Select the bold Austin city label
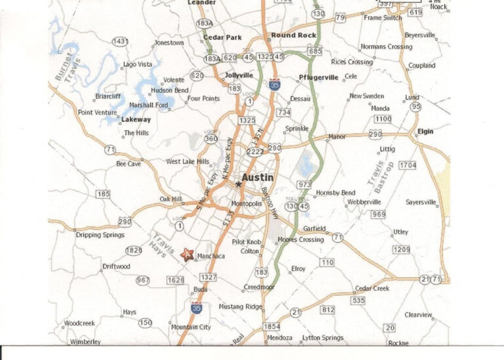click(258, 178)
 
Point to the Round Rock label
click(294, 35)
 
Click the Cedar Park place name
click(222, 37)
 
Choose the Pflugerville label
click(319, 77)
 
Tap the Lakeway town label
click(136, 119)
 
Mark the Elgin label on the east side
click(425, 132)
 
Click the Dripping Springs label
click(100, 235)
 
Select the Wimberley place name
click(85, 342)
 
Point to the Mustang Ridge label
click(240, 306)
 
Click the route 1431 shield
click(120, 41)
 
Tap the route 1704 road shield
click(408, 165)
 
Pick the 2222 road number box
click(255, 151)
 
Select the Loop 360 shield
click(211, 138)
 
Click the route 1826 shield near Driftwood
click(133, 250)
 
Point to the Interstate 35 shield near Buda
click(196, 307)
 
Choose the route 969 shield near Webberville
click(378, 214)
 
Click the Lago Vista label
click(138, 64)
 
